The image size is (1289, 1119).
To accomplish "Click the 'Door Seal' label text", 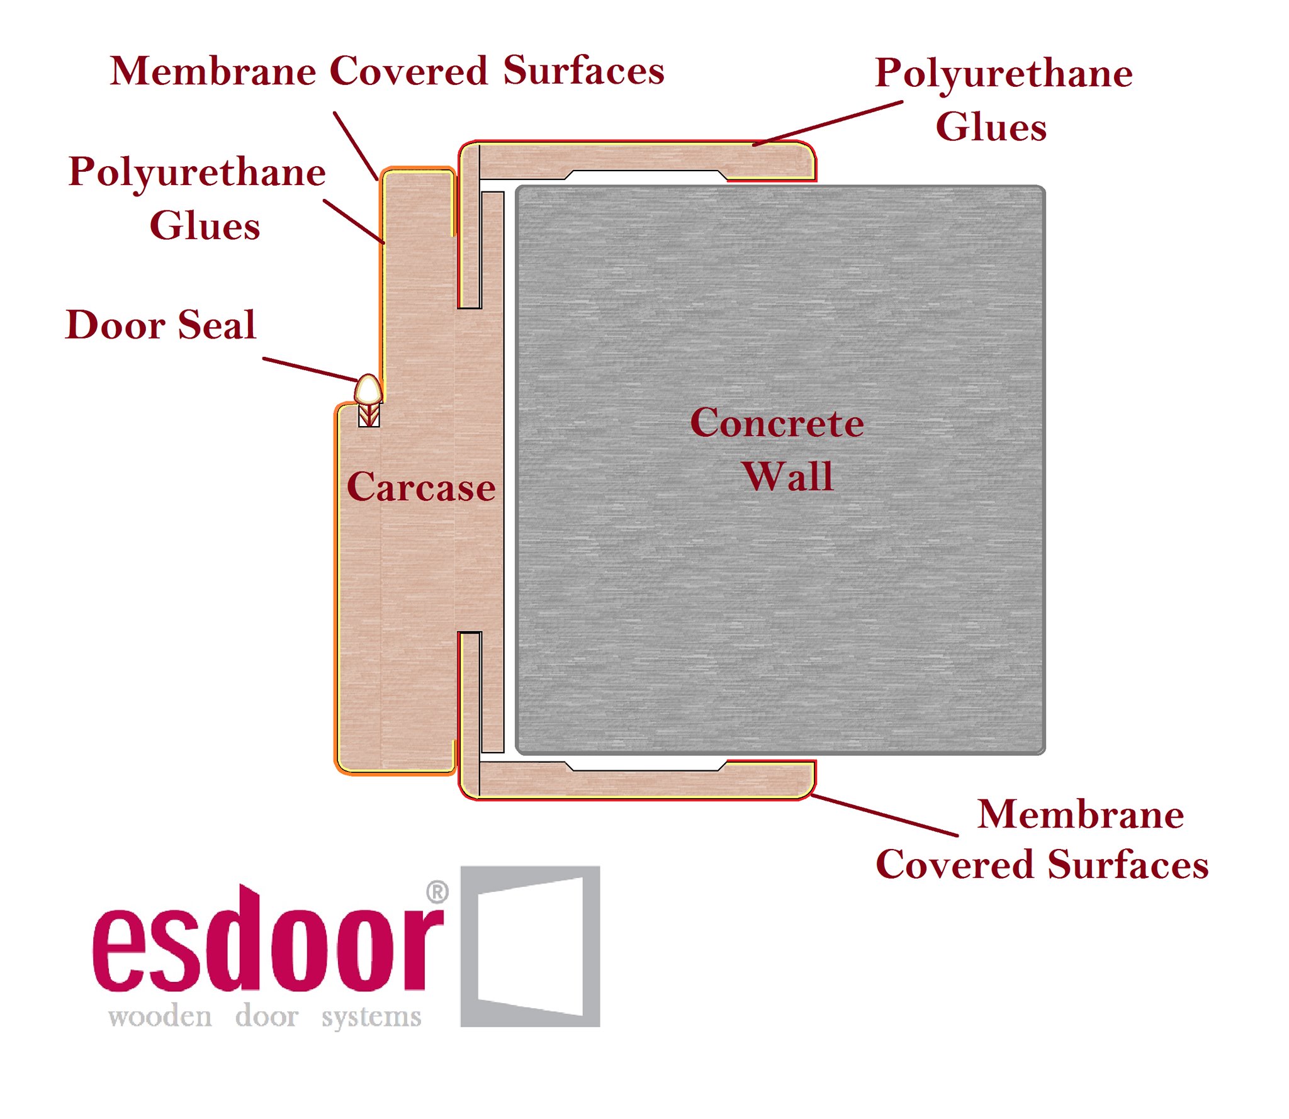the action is (161, 325).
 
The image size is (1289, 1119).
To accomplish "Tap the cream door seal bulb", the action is (368, 390).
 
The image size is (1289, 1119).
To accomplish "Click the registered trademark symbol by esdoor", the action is (437, 892).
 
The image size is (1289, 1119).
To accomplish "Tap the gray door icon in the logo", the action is (530, 947).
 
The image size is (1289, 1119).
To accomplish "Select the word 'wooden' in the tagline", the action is (160, 1016).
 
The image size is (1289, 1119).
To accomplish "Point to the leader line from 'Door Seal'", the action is (310, 369).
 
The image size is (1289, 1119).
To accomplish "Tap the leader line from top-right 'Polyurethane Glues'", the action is (828, 123).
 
